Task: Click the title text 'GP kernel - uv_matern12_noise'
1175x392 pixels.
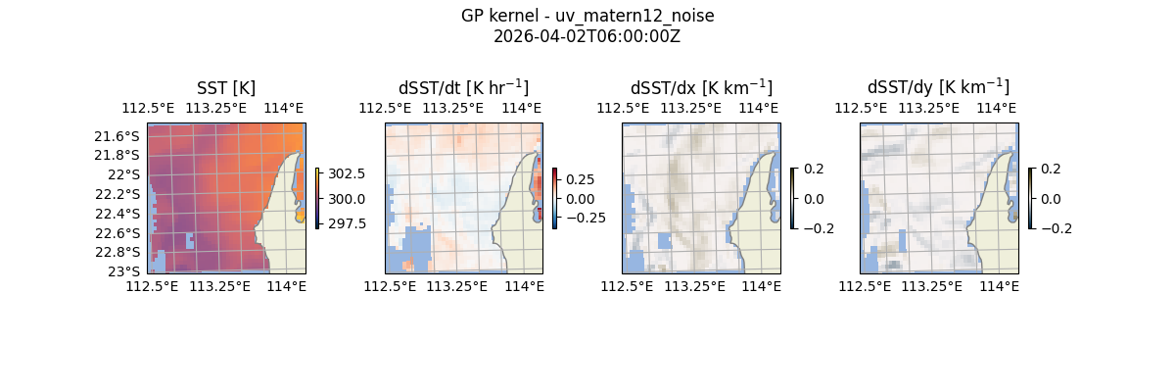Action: click(587, 16)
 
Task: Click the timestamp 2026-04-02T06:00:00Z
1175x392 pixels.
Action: click(587, 36)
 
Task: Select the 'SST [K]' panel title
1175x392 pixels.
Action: click(226, 88)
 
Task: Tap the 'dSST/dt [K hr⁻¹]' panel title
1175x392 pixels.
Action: click(463, 87)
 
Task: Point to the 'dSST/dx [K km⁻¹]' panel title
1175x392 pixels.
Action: click(701, 87)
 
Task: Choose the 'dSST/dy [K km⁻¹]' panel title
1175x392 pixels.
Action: click(938, 87)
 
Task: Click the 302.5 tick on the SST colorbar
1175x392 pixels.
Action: click(348, 173)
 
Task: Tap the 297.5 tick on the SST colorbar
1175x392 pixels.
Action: click(348, 223)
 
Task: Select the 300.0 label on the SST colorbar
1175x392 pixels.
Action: click(348, 199)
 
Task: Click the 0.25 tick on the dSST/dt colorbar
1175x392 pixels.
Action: click(580, 179)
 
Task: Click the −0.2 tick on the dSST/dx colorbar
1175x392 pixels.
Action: click(819, 228)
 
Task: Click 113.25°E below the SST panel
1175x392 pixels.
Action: click(220, 286)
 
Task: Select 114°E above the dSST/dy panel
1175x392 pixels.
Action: click(999, 108)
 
